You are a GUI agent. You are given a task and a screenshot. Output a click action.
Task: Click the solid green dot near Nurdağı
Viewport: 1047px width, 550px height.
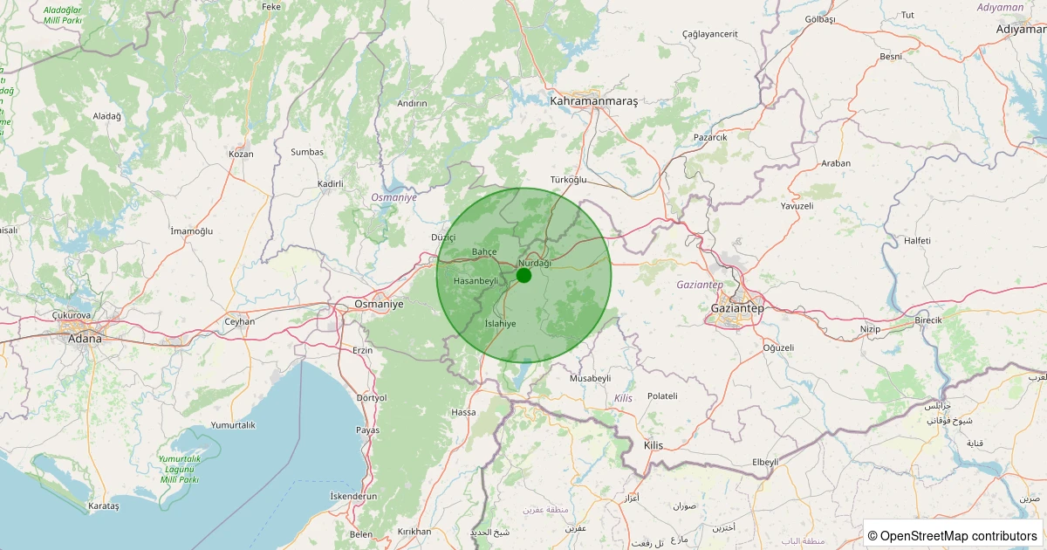[523, 275]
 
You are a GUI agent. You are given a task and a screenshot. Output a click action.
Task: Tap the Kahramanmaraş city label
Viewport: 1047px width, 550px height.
[594, 101]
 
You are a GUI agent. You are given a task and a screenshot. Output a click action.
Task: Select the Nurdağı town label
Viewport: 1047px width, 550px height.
[535, 263]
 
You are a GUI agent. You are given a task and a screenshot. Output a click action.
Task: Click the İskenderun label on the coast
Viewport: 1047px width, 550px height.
[353, 496]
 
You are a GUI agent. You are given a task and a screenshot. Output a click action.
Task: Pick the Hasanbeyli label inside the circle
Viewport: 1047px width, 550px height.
[476, 280]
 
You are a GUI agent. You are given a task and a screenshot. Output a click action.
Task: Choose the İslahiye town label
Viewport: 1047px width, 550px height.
[500, 323]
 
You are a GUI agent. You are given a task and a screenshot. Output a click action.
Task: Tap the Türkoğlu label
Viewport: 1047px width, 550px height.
[570, 180]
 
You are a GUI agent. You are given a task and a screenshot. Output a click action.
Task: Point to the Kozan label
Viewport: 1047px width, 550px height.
[241, 154]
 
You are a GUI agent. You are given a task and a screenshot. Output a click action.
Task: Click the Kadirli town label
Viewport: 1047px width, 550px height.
[331, 183]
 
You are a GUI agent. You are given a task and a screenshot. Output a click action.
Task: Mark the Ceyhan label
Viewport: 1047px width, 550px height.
[240, 321]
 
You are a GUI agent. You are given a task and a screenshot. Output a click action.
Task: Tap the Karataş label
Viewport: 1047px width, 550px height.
[104, 506]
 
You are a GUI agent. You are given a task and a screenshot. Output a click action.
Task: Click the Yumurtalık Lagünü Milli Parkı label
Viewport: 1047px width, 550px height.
[180, 469]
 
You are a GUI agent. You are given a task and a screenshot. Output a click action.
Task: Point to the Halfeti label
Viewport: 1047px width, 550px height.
[917, 240]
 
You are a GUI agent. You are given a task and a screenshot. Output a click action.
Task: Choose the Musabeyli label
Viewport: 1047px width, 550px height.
[590, 378]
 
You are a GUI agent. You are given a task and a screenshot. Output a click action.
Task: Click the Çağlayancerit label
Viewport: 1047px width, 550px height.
[710, 34]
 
